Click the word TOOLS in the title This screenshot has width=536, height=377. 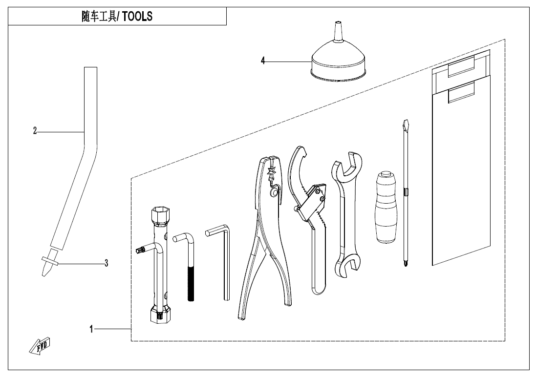[x=137, y=17]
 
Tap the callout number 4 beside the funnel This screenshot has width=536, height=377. [x=263, y=61]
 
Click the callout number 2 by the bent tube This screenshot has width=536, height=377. [x=35, y=131]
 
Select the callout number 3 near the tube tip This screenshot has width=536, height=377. [x=106, y=263]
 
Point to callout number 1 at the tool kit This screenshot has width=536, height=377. [x=91, y=330]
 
